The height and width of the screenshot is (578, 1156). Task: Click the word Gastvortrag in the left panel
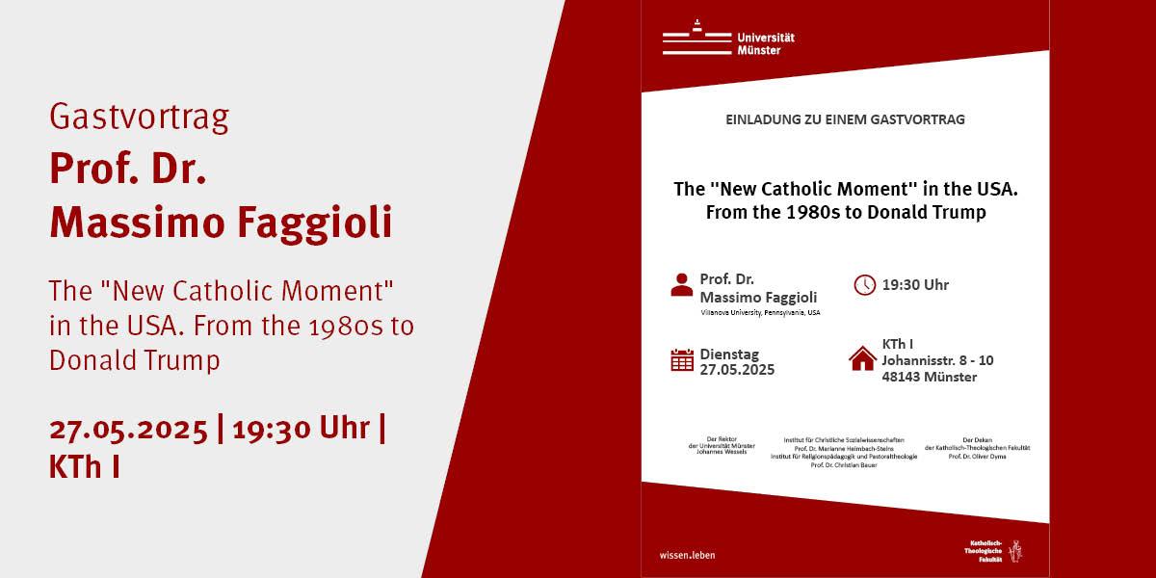pos(139,118)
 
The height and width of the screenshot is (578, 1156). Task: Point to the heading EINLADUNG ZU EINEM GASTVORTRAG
pos(845,120)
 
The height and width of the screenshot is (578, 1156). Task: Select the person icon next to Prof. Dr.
pos(681,283)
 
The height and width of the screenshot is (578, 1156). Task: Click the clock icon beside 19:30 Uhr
pos(864,283)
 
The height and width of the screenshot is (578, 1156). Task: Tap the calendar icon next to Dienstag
pos(682,360)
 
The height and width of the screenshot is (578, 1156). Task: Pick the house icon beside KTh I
pos(862,358)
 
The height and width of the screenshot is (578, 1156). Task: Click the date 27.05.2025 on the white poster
pos(737,369)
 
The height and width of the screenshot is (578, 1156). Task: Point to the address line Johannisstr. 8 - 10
pos(937,360)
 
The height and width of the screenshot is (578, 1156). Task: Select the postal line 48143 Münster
pos(929,377)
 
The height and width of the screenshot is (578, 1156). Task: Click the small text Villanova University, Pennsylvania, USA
pos(760,312)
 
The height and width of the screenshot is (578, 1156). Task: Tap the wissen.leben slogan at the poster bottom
pos(688,556)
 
